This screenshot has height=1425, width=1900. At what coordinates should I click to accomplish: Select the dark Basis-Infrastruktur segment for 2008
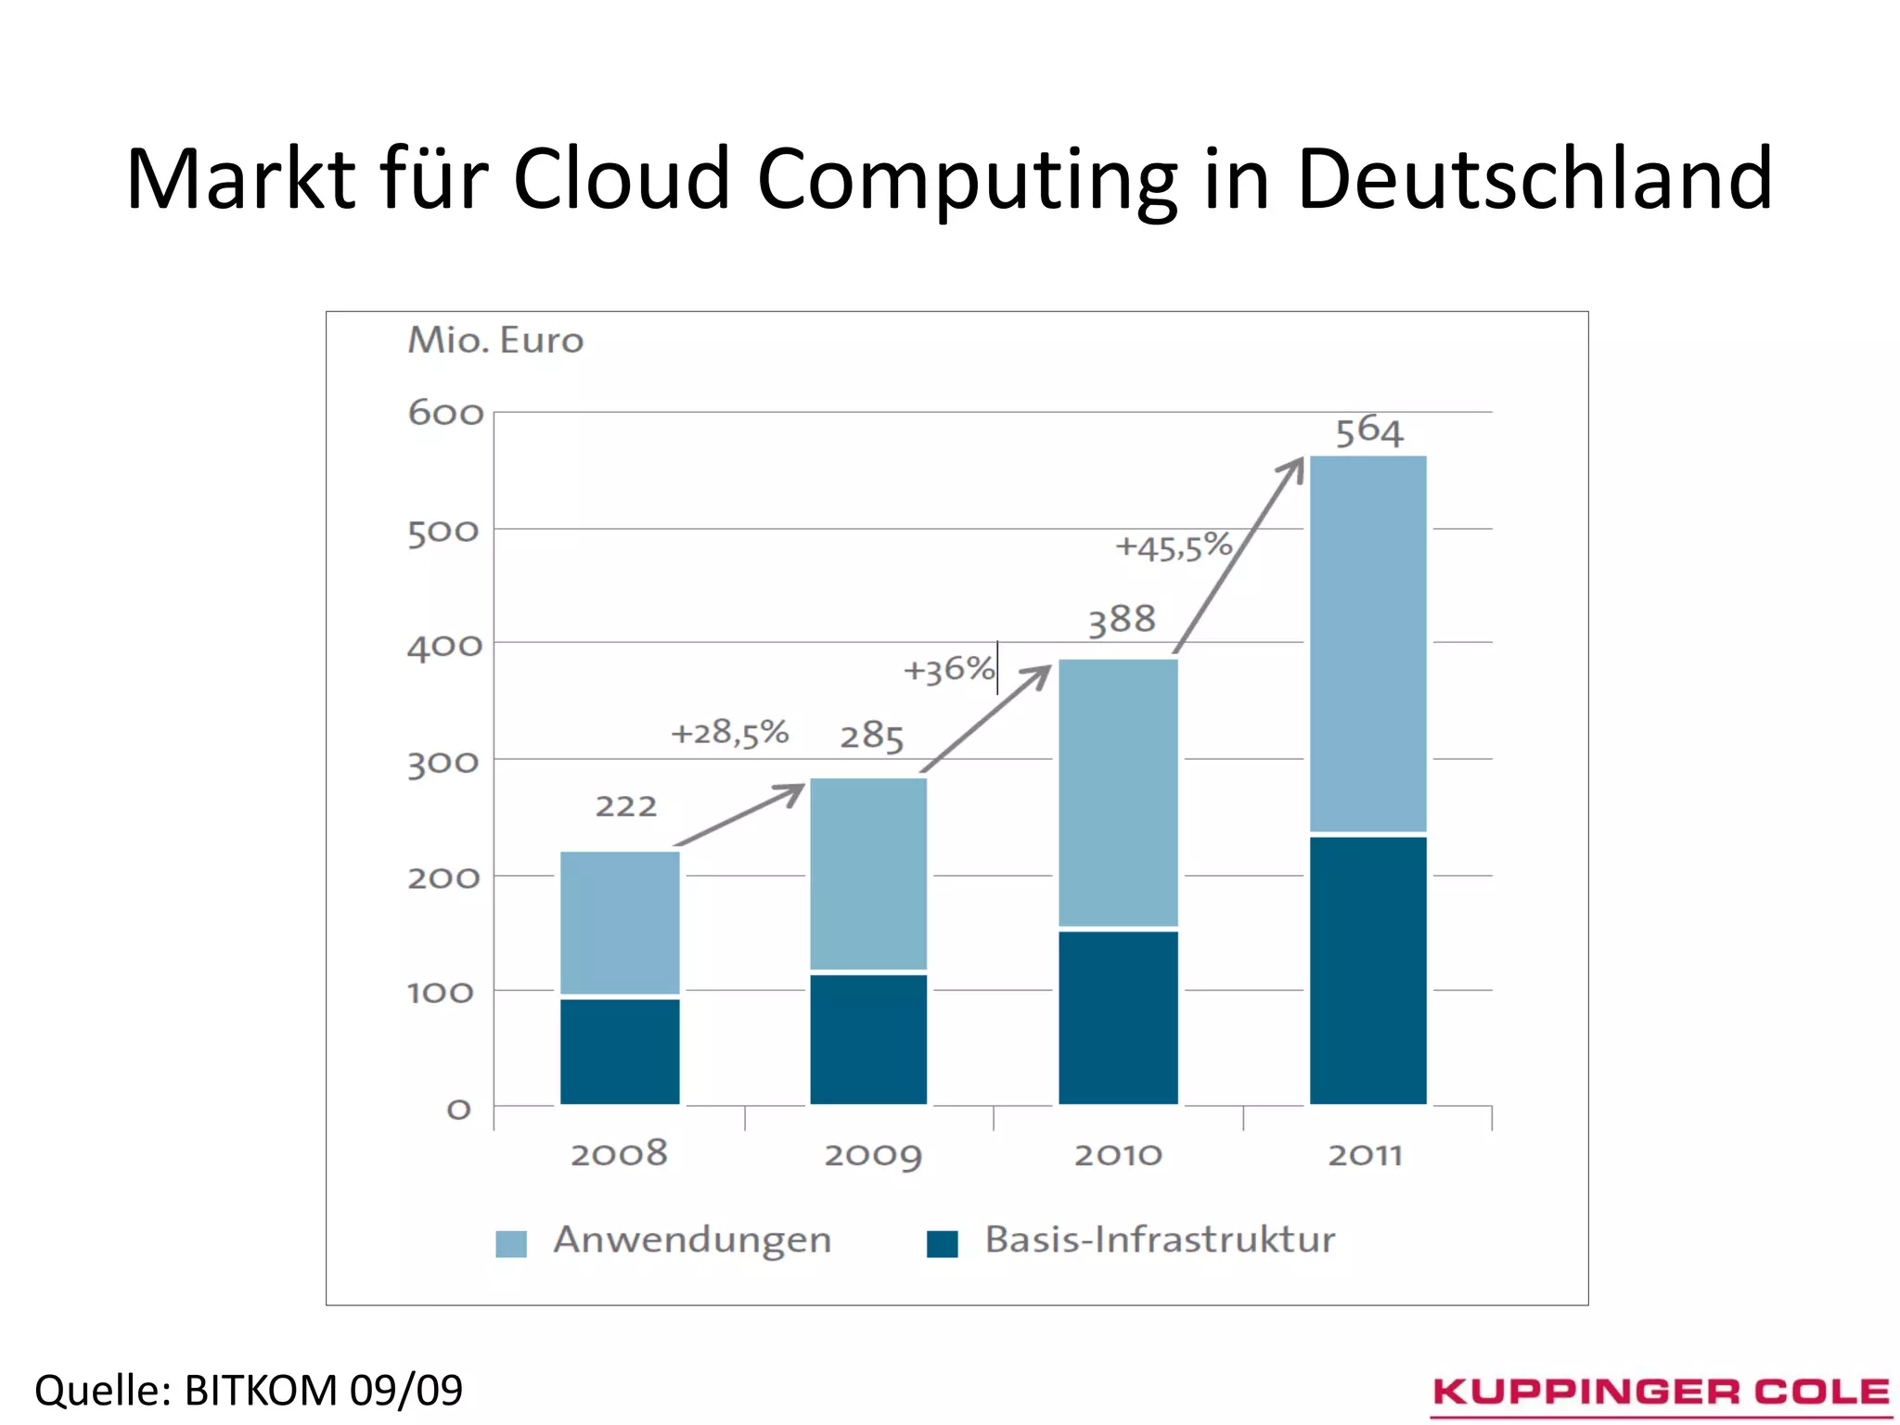[x=620, y=1050]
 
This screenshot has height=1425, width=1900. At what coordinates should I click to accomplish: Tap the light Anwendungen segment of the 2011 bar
[x=1367, y=643]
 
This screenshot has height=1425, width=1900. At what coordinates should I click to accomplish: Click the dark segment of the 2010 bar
[x=1118, y=1017]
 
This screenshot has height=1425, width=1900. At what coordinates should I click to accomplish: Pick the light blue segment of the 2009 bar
[x=868, y=873]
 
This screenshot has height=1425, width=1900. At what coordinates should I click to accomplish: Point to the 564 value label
[x=1369, y=431]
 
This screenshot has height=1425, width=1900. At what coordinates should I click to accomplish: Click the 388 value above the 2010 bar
[x=1122, y=620]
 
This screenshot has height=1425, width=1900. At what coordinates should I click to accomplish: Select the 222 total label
[x=626, y=806]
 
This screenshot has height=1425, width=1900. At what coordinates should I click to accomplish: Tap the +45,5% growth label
[x=1173, y=546]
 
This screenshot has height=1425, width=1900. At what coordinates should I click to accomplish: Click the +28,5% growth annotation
[x=729, y=733]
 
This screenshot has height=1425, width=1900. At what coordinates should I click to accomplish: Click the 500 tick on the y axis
[x=443, y=533]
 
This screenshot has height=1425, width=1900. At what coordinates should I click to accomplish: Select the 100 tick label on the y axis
[x=441, y=994]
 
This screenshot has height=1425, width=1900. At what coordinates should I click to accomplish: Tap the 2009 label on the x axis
[x=872, y=1155]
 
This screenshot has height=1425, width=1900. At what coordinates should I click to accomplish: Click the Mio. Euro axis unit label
[x=495, y=340]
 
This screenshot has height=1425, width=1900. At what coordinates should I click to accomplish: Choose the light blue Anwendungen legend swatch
[x=511, y=1243]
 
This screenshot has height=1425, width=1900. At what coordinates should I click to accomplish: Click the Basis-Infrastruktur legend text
[x=1160, y=1239]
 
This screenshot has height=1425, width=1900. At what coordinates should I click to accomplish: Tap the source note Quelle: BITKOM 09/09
[x=249, y=1390]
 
